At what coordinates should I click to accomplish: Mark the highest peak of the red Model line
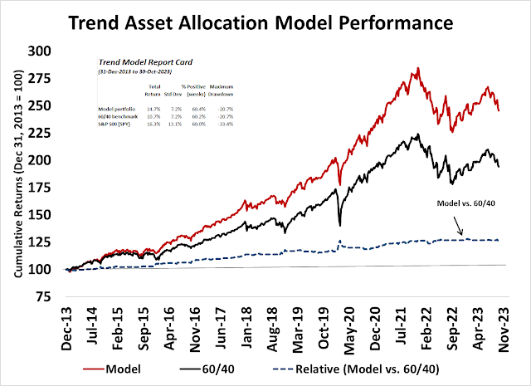[x=417, y=68]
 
